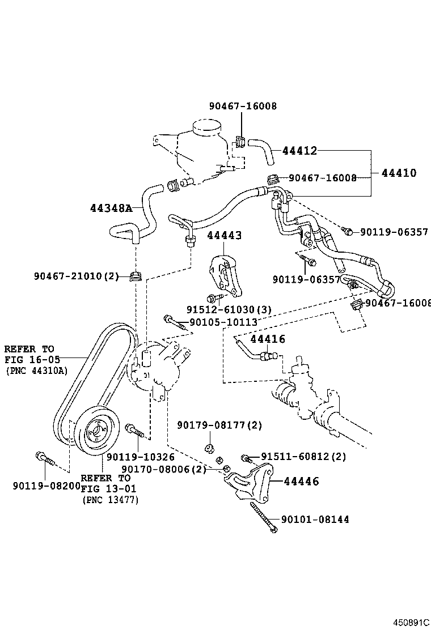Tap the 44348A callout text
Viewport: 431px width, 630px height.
(111, 208)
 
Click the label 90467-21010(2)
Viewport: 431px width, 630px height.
(76, 276)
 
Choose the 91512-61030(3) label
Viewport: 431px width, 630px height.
(229, 309)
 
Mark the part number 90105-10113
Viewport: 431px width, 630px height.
(223, 322)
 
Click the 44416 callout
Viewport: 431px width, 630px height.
(267, 339)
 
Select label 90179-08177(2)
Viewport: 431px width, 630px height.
(212, 425)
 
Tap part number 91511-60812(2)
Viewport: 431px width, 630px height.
(303, 456)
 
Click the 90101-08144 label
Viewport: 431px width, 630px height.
(315, 519)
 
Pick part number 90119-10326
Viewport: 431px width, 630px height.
(140, 457)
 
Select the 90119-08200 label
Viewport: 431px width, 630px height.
(47, 485)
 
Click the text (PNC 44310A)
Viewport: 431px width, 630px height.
(36, 371)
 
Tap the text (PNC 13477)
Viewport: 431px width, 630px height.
(110, 500)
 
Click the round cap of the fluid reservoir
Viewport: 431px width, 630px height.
(205, 128)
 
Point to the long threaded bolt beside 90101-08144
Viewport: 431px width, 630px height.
(262, 517)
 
